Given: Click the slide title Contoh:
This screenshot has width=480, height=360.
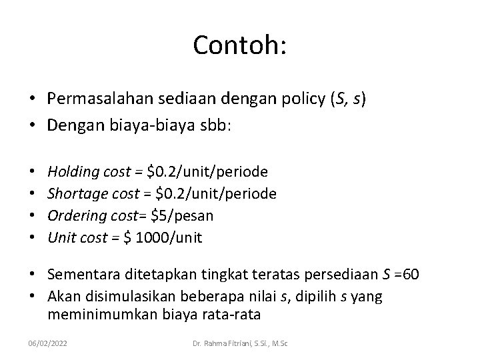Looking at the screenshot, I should coord(239,45).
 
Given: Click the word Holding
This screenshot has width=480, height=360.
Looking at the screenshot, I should coord(73,173).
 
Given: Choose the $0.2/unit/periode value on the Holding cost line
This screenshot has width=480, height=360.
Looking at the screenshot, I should coord(208,173).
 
